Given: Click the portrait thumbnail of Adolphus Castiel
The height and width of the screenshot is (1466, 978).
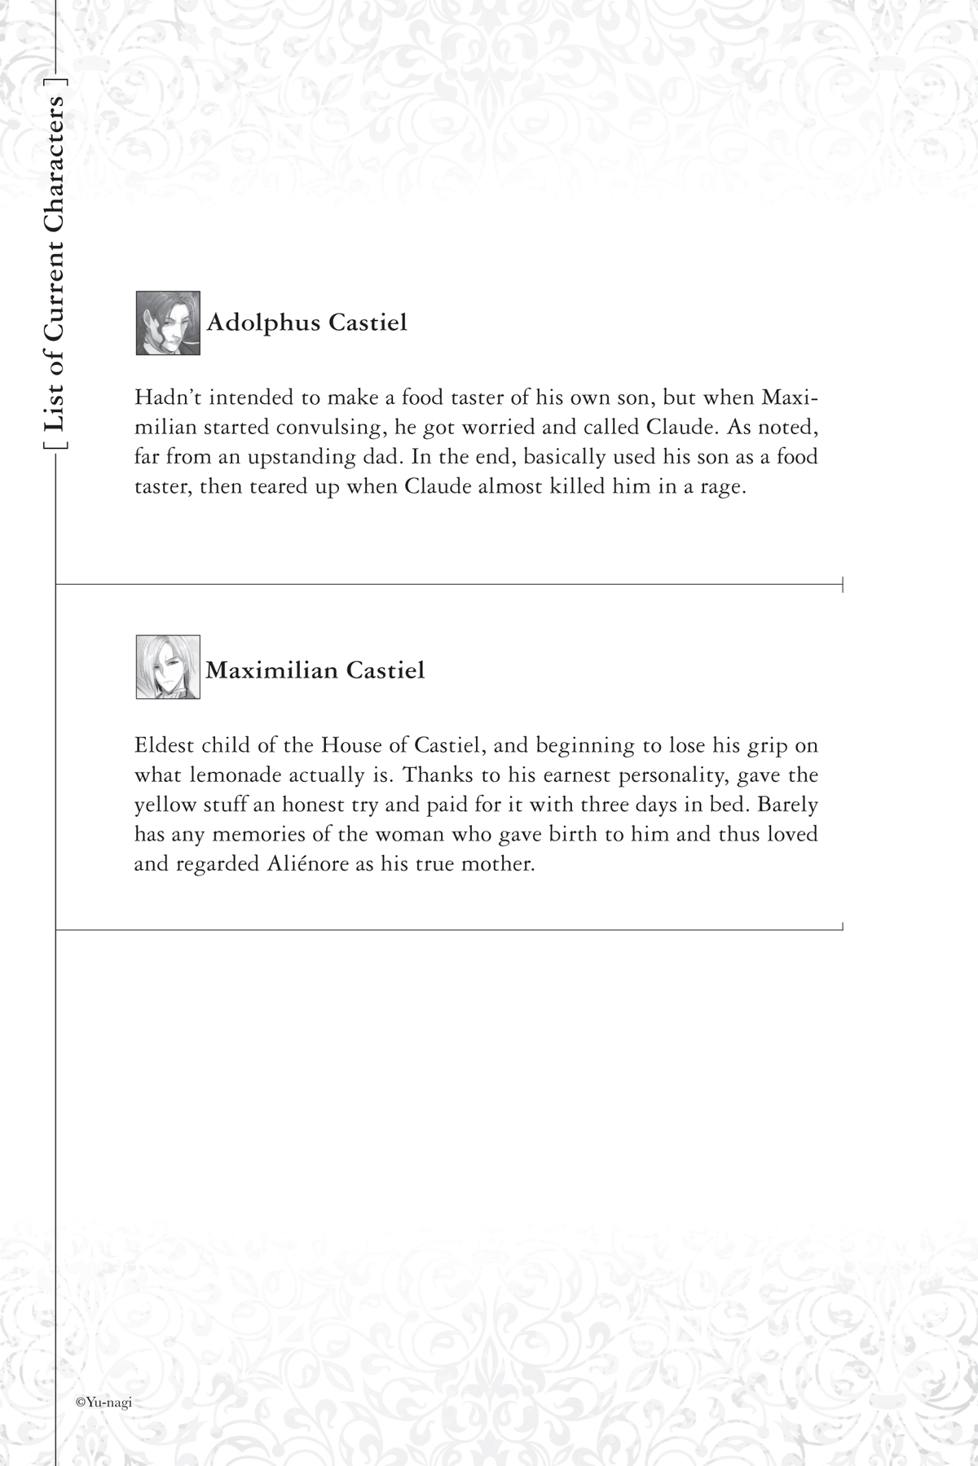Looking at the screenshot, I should (168, 323).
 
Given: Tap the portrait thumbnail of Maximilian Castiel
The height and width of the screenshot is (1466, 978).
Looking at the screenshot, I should (168, 667).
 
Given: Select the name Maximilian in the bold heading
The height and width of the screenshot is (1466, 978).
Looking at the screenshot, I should (271, 670).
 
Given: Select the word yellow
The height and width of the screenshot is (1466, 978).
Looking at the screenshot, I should (166, 805).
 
